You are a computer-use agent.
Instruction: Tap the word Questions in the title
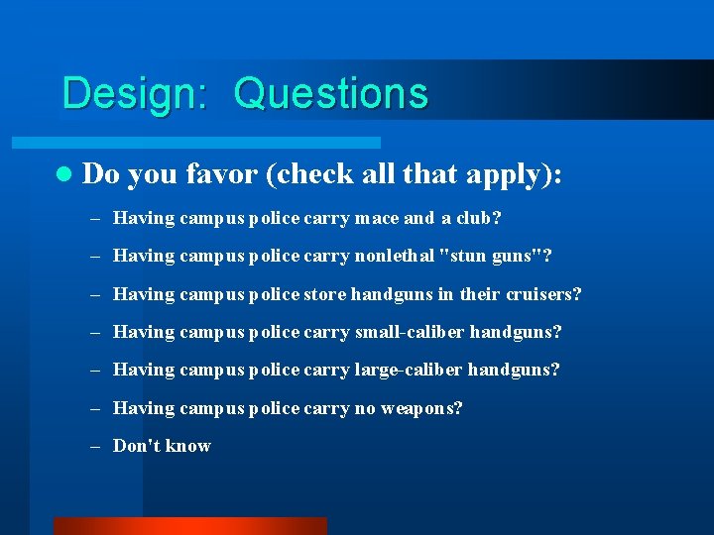(331, 94)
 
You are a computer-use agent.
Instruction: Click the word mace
(377, 218)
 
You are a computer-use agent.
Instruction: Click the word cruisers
(543, 294)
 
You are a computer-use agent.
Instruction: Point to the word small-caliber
(408, 332)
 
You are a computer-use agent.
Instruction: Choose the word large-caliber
(408, 370)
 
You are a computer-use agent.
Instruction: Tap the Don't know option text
(162, 446)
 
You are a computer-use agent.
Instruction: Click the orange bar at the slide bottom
(189, 526)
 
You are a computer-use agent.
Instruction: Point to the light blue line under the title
(218, 143)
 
